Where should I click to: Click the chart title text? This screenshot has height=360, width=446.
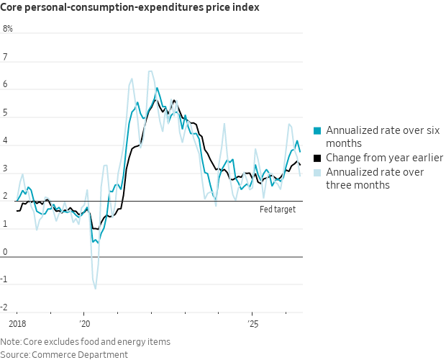[x=129, y=7]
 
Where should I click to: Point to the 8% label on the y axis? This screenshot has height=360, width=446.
[x=8, y=29]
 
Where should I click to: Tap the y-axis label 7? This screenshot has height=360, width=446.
[x=5, y=57]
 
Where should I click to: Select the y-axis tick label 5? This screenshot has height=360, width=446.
[x=5, y=113]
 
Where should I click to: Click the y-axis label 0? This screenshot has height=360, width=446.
[x=5, y=252]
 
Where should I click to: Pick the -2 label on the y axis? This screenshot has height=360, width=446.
[x=4, y=307]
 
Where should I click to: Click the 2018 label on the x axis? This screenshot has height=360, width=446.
[x=17, y=324]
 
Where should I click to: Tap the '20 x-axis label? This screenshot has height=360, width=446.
[x=84, y=324]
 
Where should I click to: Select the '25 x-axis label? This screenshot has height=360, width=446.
[x=253, y=324]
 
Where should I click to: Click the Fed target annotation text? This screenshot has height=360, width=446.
[x=278, y=210]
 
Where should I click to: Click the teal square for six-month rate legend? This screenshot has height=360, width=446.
[x=317, y=130]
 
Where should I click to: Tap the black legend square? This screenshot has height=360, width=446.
[x=317, y=158]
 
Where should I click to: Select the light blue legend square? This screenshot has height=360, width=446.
[x=317, y=173]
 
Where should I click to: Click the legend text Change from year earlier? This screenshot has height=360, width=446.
[x=385, y=158]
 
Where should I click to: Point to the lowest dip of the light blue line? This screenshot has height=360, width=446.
[x=95, y=289]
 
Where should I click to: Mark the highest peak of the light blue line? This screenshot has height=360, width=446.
[x=150, y=71]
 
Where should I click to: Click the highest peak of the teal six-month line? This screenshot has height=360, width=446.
[x=157, y=88]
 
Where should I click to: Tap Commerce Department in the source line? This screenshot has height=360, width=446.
[x=80, y=355]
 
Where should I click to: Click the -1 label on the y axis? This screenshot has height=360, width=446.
[x=4, y=279]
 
